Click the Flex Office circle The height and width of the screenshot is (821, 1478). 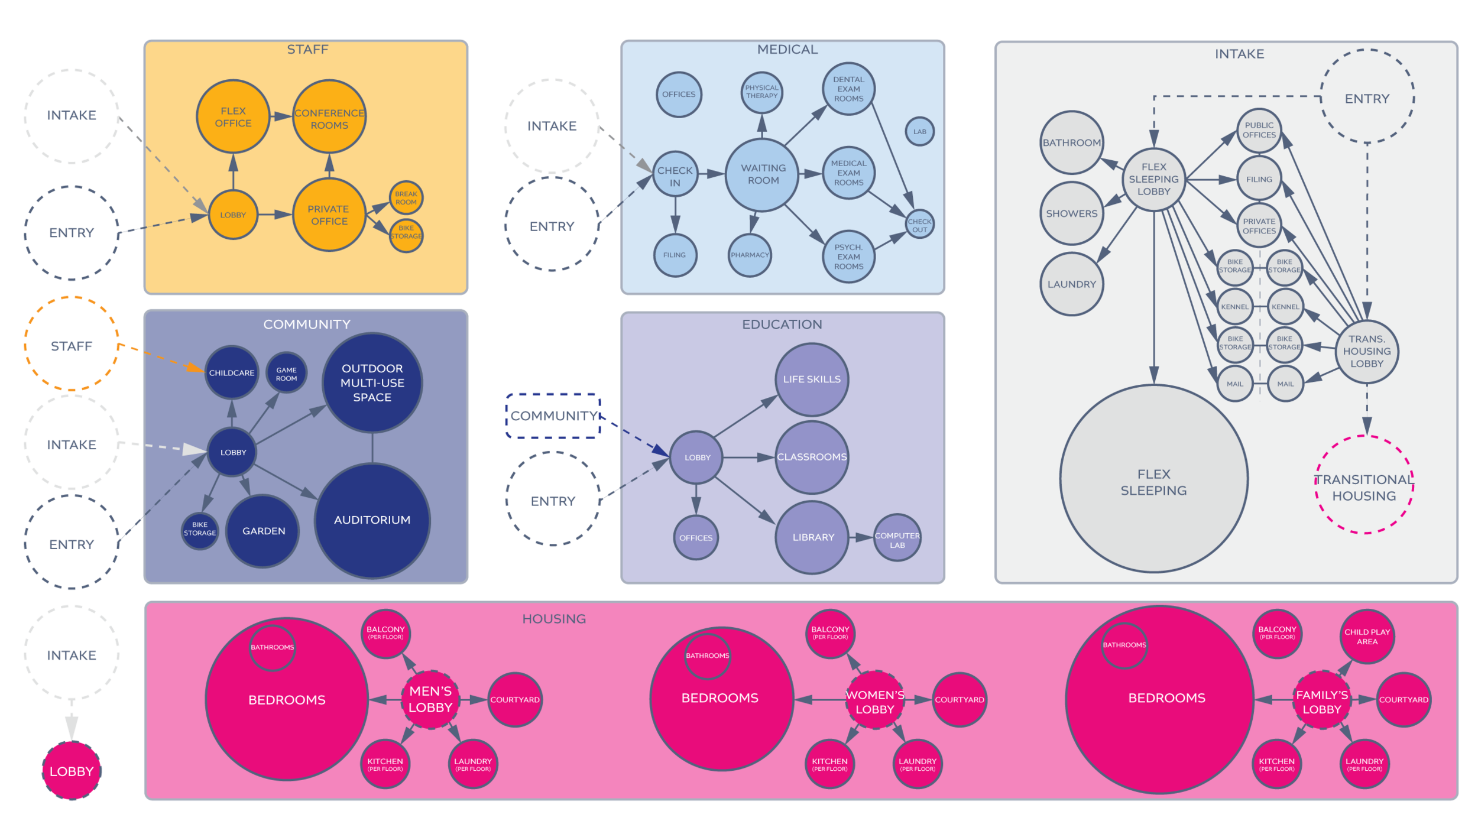pos(233,117)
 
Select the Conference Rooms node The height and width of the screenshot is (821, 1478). pos(329,118)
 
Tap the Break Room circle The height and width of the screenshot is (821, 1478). pos(406,197)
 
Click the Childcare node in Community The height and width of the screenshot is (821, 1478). pos(232,373)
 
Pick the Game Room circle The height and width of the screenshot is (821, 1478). pos(286,374)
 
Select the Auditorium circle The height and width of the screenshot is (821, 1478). pos(372,520)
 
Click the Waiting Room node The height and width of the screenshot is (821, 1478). pos(763,174)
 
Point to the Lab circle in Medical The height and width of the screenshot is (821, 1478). pos(919,132)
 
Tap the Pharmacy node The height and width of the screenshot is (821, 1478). pos(750,255)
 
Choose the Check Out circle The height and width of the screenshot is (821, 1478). pos(919,225)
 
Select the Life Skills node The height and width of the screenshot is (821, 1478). pos(812,379)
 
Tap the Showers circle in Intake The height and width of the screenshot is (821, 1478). pos(1071,213)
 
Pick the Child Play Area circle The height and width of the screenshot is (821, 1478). pos(1367,637)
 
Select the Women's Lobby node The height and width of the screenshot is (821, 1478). pos(875,702)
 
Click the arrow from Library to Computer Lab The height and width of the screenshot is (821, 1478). pos(861,538)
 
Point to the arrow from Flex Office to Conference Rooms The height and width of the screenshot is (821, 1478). pos(280,116)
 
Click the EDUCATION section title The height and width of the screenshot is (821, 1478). pos(782,324)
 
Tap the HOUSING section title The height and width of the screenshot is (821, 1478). pos(554,619)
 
